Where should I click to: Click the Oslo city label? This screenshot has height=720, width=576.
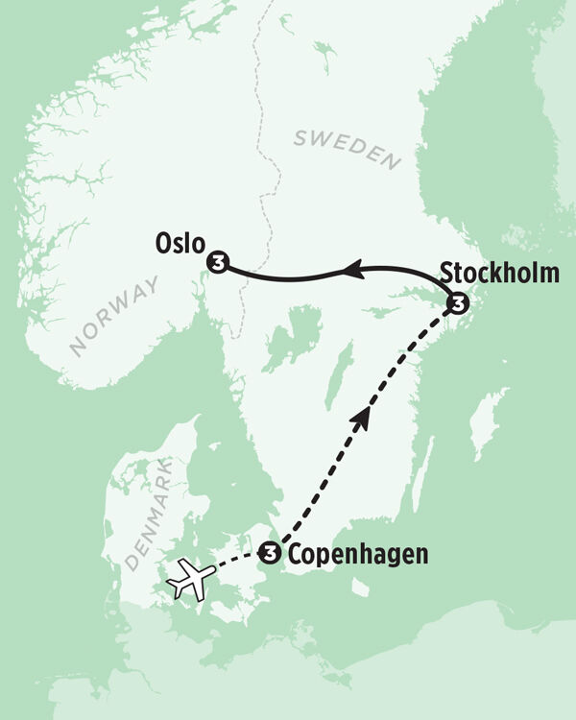180,244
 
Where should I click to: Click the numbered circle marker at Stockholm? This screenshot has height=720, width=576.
459,304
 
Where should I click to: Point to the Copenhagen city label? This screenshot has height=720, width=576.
357,554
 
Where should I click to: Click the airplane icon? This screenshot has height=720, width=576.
191,581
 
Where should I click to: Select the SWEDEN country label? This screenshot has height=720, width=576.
346,149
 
